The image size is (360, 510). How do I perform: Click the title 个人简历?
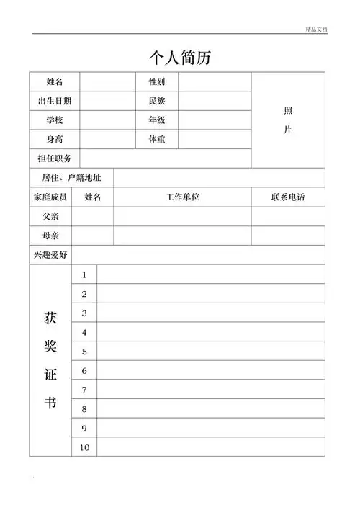179,57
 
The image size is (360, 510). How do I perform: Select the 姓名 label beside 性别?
55,82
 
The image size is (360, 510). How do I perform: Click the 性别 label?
157,82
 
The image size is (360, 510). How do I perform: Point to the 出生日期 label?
55,101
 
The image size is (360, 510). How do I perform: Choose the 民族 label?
157,101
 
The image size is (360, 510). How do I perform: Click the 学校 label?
55,120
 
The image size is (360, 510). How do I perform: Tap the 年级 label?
157,120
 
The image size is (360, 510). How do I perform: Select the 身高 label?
55,139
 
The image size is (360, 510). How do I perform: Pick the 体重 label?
157,139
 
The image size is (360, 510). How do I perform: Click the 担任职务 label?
55,158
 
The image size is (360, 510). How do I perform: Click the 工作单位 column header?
182,197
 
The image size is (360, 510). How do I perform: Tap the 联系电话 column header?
288,197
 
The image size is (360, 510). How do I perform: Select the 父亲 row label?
50,216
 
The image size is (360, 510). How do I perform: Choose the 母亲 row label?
50,236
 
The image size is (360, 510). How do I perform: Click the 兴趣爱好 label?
50,255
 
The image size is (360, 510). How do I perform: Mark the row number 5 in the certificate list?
84,352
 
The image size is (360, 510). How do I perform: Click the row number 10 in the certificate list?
84,447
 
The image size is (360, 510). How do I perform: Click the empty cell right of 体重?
215,139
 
